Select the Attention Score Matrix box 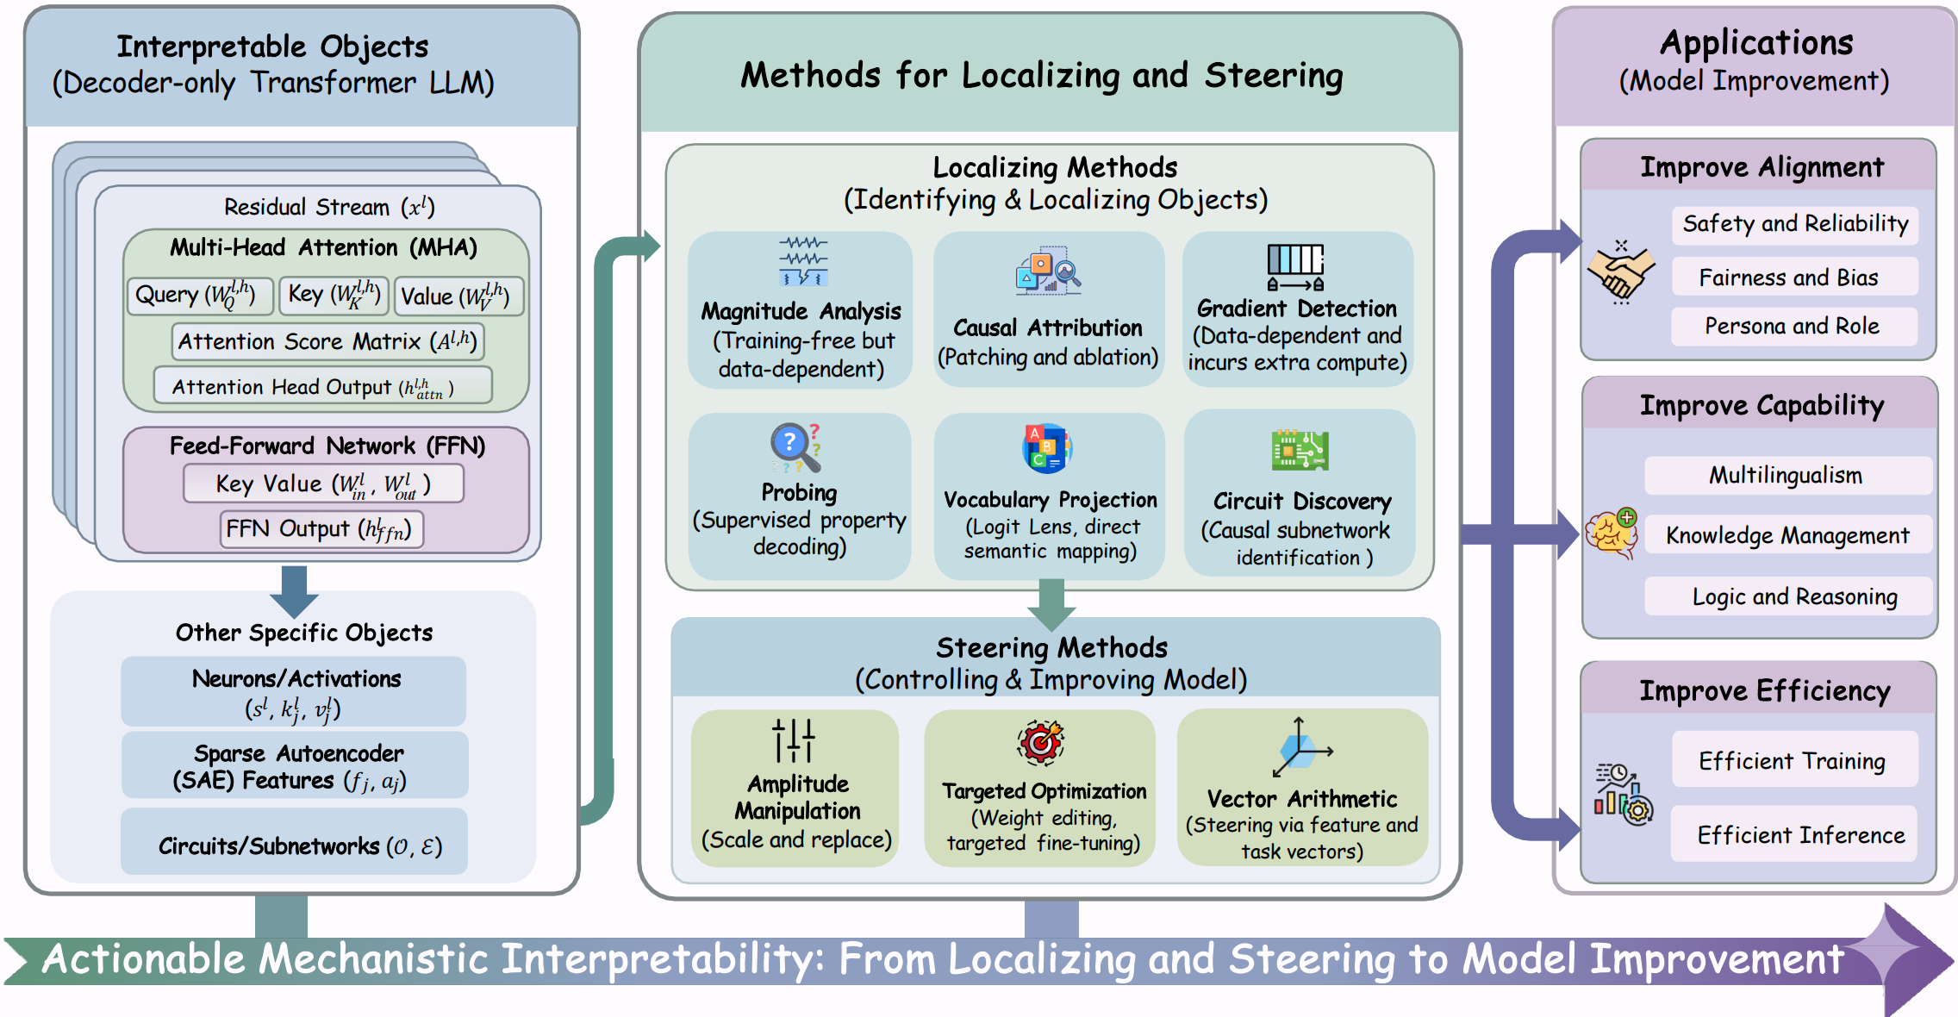pos(327,341)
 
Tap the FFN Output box pos(321,529)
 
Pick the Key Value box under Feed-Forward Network pos(323,484)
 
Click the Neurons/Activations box pos(294,692)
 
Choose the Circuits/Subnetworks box pos(294,845)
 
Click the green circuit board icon pos(1300,450)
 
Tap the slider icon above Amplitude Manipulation pos(794,740)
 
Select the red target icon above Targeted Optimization pos(1041,742)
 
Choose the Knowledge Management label pos(1787,535)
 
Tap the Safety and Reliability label pos(1795,224)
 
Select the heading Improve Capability pos(1761,405)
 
